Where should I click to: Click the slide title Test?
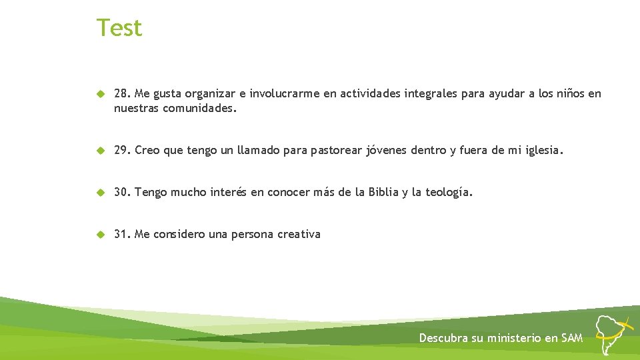pyautogui.click(x=119, y=28)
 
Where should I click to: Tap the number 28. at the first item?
pyautogui.click(x=122, y=94)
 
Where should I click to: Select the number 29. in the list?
pyautogui.click(x=122, y=151)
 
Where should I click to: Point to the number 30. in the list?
pyautogui.click(x=122, y=193)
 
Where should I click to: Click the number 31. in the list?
pyautogui.click(x=122, y=234)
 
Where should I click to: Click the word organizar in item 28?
pyautogui.click(x=199, y=94)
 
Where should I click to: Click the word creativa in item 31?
pyautogui.click(x=299, y=234)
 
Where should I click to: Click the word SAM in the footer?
pyautogui.click(x=572, y=338)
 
